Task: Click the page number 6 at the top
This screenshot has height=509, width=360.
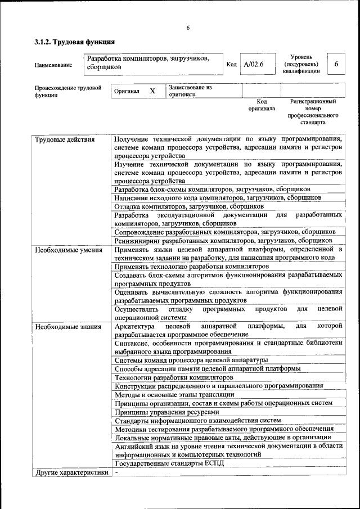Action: [188, 28]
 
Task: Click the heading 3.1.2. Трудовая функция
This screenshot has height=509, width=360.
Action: [75, 42]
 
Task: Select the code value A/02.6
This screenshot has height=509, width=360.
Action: [253, 64]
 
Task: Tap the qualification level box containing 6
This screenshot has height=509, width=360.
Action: [336, 64]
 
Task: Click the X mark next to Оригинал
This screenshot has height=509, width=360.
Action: [152, 91]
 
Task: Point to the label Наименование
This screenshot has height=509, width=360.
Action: [53, 65]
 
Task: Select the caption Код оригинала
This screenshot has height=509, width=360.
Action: [262, 105]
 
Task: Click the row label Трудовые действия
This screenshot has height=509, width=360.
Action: [65, 139]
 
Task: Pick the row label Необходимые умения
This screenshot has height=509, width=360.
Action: [68, 250]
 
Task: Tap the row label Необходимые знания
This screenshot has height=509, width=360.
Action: [67, 326]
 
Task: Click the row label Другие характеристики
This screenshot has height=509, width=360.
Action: [71, 472]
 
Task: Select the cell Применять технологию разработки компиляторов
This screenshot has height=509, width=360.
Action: [191, 266]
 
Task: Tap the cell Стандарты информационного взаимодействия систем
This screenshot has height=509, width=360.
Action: [197, 420]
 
